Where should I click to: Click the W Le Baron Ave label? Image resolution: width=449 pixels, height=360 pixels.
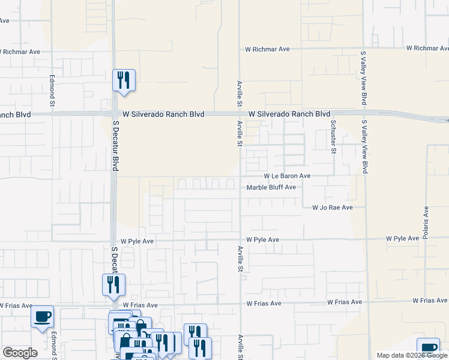[288, 176]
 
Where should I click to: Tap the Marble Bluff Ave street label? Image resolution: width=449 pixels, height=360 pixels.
[272, 187]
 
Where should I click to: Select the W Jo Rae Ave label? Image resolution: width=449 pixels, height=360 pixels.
[332, 208]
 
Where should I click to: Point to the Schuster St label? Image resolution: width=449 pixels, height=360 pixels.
[333, 136]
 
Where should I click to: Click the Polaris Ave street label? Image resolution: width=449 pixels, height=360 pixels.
[426, 223]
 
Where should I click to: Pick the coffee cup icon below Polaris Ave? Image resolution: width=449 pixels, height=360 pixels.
[428, 347]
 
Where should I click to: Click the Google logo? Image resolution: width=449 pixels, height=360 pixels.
[20, 353]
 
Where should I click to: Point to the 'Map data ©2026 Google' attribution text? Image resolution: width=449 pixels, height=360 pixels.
[412, 355]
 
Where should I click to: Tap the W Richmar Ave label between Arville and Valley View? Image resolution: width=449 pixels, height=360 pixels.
[268, 49]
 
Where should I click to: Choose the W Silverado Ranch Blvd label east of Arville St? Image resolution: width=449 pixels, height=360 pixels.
[289, 114]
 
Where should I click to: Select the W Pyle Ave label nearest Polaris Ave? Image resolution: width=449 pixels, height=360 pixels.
[402, 239]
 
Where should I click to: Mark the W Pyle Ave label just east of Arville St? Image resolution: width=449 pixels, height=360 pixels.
[263, 240]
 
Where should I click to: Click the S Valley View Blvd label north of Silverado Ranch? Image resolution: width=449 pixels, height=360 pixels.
[364, 78]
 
